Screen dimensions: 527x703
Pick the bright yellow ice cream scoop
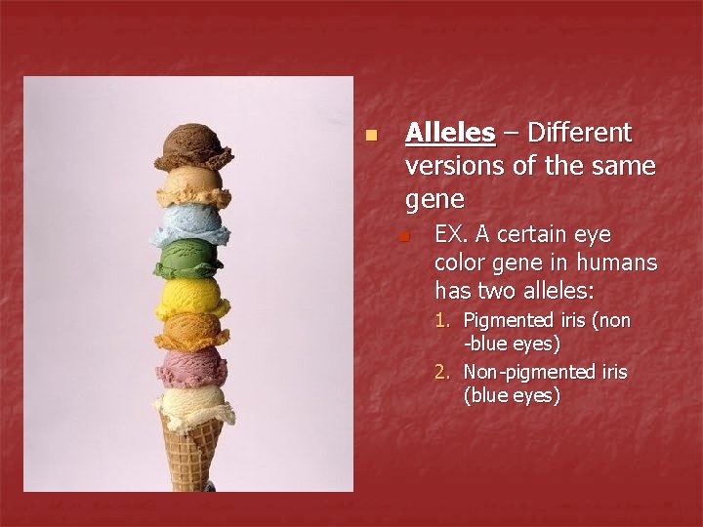[192, 296]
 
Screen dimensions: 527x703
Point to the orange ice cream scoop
[190, 332]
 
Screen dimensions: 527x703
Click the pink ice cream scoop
[191, 369]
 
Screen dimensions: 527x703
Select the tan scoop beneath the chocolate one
[192, 184]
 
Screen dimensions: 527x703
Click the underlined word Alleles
[449, 132]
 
